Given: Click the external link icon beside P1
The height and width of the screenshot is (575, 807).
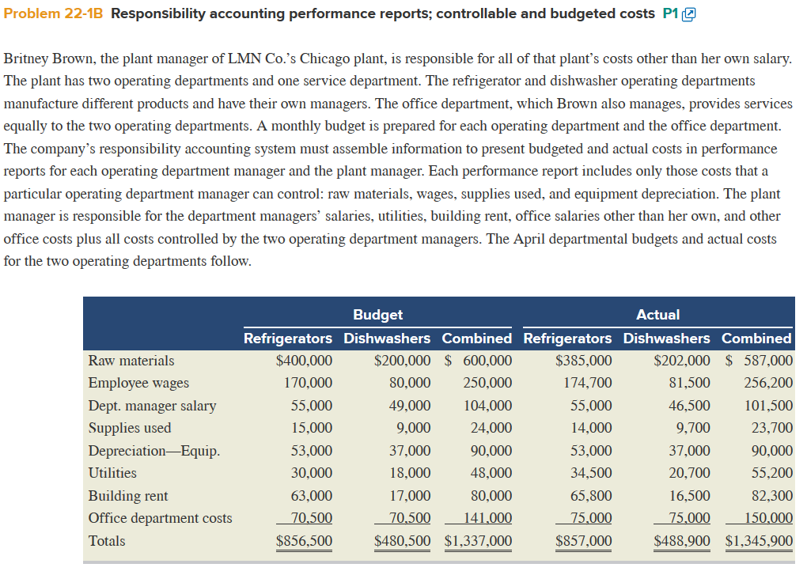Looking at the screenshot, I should point(689,14).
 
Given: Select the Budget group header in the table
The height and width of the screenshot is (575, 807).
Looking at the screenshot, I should point(377,315).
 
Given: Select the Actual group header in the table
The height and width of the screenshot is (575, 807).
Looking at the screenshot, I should point(657,315).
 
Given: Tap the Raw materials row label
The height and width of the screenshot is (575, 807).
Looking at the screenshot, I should point(131,361).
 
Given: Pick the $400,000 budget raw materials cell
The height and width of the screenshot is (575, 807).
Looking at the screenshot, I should point(304,361).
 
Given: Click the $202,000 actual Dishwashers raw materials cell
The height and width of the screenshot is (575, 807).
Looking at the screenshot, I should point(682,361).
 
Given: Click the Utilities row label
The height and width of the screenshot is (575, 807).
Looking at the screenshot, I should point(112,473).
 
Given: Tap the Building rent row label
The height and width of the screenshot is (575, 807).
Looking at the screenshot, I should point(128,496).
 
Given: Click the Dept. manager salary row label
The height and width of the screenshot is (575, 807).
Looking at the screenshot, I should point(152,406).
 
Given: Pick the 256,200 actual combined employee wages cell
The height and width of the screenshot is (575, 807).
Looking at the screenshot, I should point(768,383).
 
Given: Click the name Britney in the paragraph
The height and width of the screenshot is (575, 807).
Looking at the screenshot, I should point(27,59).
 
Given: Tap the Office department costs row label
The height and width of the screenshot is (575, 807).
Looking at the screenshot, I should point(161,518).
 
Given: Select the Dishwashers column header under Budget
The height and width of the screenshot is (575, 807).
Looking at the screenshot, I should point(387,338).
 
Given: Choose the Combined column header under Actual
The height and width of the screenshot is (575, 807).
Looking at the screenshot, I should point(756,338).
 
